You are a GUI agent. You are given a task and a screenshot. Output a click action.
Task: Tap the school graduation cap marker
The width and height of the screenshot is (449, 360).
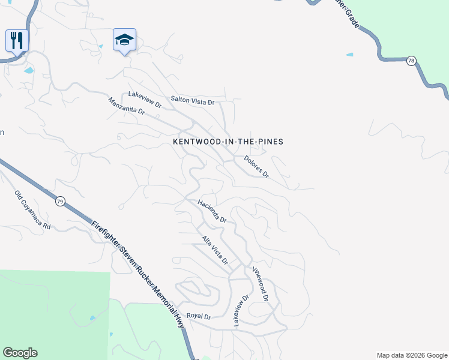click(124, 40)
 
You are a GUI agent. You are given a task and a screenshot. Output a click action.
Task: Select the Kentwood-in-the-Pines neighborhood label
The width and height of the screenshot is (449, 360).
click(228, 142)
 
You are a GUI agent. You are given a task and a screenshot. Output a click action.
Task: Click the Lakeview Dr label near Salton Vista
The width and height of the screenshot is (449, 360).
click(145, 100)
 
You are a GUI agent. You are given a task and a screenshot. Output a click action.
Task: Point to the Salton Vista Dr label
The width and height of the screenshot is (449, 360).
click(192, 102)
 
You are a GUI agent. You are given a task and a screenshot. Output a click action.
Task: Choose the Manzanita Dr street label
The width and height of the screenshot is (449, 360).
click(127, 106)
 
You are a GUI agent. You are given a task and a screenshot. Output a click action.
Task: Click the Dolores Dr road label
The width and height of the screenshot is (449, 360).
click(256, 167)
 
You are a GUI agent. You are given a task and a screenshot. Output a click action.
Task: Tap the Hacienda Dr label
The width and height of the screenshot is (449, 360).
click(212, 211)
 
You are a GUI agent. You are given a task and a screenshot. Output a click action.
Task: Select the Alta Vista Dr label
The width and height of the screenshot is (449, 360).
click(215, 250)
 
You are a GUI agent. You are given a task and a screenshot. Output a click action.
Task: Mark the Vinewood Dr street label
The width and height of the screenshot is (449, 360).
click(260, 283)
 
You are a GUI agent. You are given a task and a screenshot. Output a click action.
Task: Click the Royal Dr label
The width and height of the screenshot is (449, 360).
click(199, 316)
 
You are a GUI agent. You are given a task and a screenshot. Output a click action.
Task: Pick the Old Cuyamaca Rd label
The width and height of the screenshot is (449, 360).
click(32, 211)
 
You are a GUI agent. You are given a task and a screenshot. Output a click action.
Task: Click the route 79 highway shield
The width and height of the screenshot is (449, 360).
click(59, 201)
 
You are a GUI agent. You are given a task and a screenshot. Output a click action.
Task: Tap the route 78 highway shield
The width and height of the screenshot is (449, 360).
click(411, 61)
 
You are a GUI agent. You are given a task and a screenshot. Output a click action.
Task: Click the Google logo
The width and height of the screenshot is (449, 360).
click(20, 353)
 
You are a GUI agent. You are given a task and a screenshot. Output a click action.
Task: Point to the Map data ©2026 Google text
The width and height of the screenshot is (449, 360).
click(411, 355)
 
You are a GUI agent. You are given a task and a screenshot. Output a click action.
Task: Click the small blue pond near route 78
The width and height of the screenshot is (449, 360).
click(349, 55)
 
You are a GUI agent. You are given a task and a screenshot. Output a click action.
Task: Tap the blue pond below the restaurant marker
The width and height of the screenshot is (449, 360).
click(29, 70)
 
